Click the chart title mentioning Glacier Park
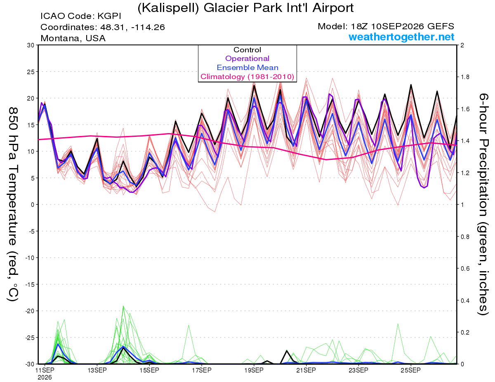coord(245,8)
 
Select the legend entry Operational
coord(247,59)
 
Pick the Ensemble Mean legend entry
coord(247,68)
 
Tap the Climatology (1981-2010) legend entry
coord(247,77)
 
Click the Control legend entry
coord(247,50)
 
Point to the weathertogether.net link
coord(401,37)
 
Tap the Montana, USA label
coord(73,38)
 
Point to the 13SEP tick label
coord(97,370)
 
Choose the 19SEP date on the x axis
coord(254,370)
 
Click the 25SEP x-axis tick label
coord(411,370)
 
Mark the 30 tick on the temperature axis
coord(31,45)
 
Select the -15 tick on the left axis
coord(30,284)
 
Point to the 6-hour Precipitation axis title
coord(483,204)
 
